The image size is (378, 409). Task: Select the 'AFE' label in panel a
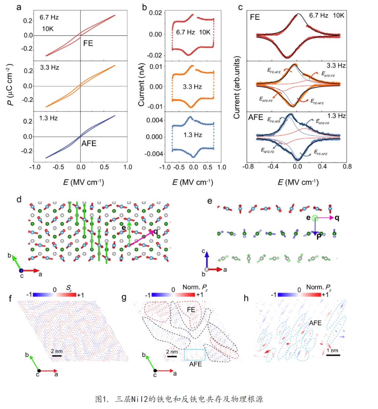89,144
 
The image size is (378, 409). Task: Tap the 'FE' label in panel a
88,43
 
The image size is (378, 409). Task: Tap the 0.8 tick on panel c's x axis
347,168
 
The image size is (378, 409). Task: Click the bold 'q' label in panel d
156,231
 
